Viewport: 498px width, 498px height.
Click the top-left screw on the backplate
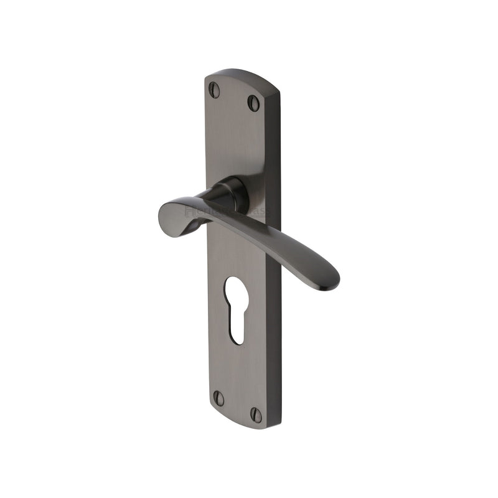214,90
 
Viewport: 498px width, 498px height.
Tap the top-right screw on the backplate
253,103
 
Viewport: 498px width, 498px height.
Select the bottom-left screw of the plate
218,398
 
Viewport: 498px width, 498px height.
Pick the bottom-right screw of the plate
256,414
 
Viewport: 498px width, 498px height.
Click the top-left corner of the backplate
207,79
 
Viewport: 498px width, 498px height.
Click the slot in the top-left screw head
214,90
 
